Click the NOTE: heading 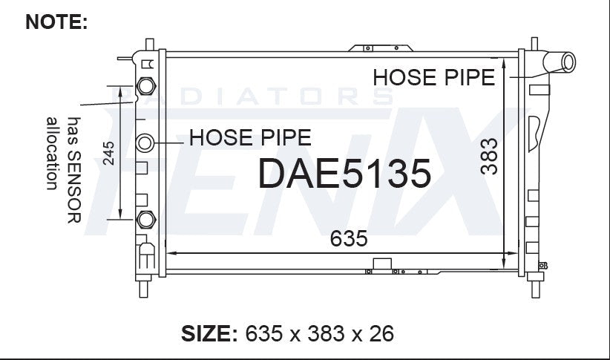click(56, 22)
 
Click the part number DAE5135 click(344, 174)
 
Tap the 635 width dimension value click(349, 238)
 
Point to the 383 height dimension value click(489, 156)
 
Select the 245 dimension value click(109, 154)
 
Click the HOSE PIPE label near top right click(434, 77)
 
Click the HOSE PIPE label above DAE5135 click(250, 137)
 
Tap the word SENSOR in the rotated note click(74, 187)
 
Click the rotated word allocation click(52, 154)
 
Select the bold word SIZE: click(209, 333)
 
